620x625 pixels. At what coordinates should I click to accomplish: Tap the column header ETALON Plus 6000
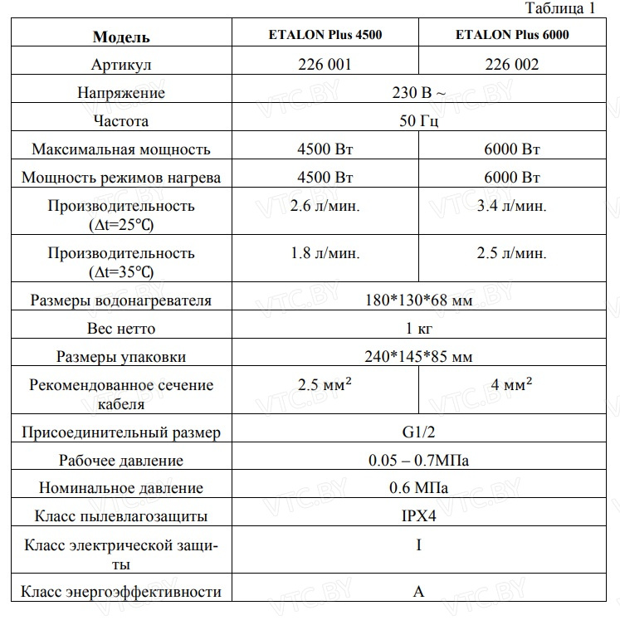click(x=512, y=36)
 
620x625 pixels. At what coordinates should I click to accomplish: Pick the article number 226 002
click(x=512, y=65)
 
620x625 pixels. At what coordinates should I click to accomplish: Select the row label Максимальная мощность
click(x=121, y=149)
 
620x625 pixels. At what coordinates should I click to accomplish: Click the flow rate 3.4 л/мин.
click(x=512, y=206)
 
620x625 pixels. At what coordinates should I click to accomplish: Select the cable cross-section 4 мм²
click(x=512, y=386)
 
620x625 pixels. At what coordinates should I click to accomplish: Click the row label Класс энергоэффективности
click(x=121, y=592)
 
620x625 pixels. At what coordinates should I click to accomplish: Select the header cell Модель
click(x=121, y=37)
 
